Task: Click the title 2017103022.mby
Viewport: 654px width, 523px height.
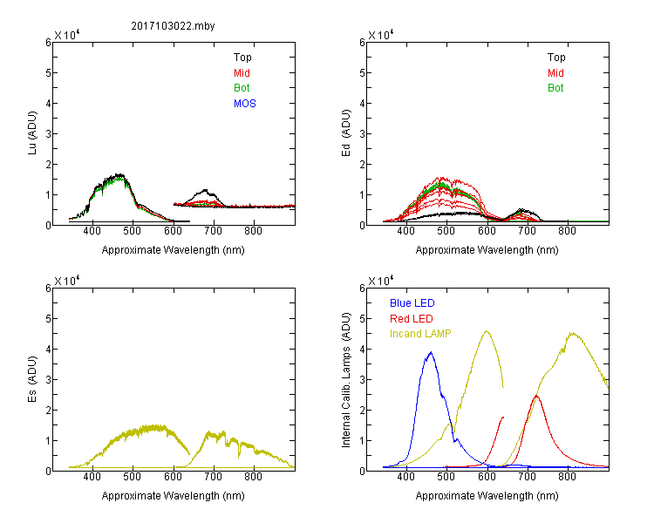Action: tap(174, 25)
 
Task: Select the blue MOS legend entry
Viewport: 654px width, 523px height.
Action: tap(245, 104)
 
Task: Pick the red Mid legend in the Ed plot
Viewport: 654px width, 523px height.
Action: tap(555, 73)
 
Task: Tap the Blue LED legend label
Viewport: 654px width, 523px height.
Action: tap(412, 303)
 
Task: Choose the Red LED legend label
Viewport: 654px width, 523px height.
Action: tap(412, 319)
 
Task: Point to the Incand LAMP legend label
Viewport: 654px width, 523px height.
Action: tap(421, 334)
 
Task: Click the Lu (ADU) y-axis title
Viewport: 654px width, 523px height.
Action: tap(34, 133)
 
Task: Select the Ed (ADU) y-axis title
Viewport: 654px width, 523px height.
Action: tap(347, 133)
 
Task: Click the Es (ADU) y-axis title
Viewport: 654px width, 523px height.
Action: tap(34, 379)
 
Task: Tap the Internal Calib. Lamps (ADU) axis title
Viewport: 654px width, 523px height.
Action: tap(347, 379)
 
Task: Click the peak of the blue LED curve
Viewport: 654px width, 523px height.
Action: tap(430, 353)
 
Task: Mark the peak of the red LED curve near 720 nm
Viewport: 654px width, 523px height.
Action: tap(536, 396)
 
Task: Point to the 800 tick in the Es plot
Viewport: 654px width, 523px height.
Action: tap(254, 478)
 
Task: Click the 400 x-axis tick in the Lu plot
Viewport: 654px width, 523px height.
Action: tap(92, 232)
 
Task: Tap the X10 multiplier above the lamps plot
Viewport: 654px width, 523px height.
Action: tap(381, 281)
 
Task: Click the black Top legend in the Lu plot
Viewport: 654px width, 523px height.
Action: tap(242, 58)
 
